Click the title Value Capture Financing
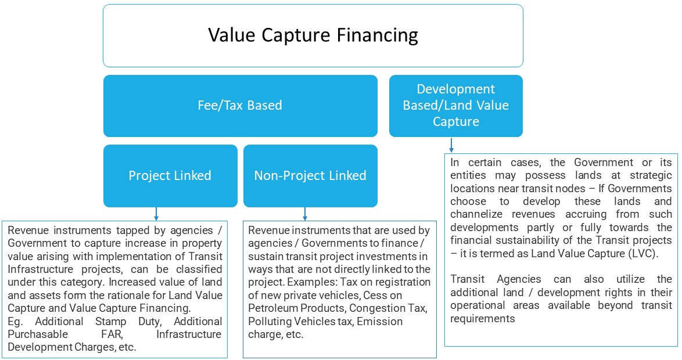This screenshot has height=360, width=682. pos(313,35)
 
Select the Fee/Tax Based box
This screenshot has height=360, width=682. pos(240,106)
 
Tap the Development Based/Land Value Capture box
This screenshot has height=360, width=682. pos(456,106)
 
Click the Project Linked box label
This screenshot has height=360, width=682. pos(170,175)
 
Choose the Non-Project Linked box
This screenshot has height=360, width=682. pos(310,176)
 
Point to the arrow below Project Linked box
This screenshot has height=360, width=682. pos(156,214)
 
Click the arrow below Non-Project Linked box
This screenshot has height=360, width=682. pos(305,214)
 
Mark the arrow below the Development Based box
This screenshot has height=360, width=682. pos(451,145)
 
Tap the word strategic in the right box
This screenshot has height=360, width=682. pos(651,176)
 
